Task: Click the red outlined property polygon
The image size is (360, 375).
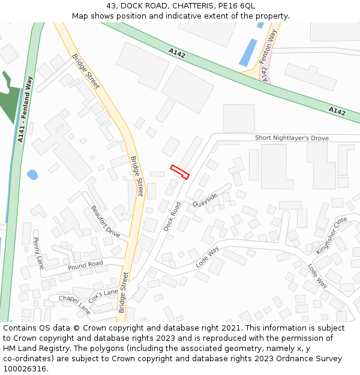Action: (180, 172)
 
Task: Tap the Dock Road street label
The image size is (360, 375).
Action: (172, 217)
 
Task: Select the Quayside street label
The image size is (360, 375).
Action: (205, 200)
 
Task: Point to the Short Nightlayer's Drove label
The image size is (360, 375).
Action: (292, 138)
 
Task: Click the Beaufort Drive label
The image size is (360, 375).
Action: (106, 221)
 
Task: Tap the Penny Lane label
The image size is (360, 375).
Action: (38, 253)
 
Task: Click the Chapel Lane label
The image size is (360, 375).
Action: (74, 304)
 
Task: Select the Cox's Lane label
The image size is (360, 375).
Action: (103, 295)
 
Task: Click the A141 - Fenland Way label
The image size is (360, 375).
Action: (25, 109)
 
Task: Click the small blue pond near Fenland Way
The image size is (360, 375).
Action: (32, 175)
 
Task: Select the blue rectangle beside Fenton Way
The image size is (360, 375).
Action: (248, 53)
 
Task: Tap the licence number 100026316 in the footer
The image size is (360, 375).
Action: (25, 368)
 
